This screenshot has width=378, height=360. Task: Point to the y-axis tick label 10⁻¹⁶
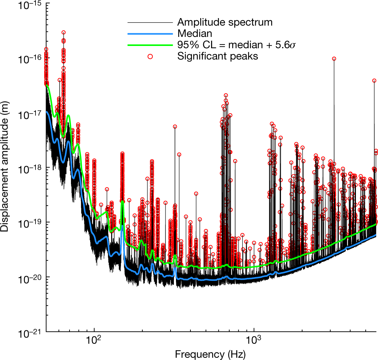click(29, 59)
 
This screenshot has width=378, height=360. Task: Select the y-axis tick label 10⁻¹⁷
click(29, 114)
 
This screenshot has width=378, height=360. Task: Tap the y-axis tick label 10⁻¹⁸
click(29, 169)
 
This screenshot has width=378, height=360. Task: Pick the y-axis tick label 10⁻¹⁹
click(29, 223)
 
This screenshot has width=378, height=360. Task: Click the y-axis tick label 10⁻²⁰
click(29, 278)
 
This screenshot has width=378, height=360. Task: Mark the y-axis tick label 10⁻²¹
click(29, 333)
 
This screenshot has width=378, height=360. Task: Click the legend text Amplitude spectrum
click(224, 22)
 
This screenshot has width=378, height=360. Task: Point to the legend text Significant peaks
click(217, 56)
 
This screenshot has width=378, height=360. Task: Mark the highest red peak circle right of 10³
click(334, 58)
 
